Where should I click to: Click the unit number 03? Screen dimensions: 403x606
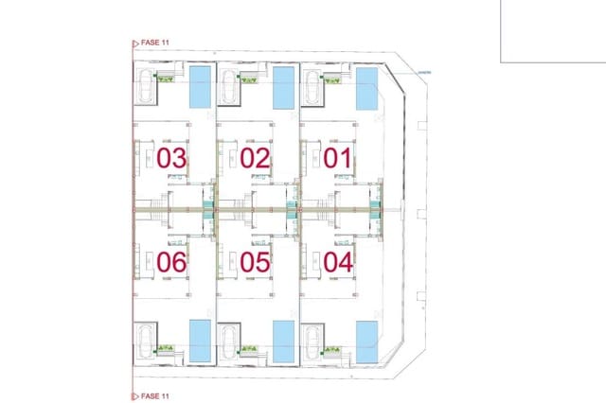click(x=171, y=158)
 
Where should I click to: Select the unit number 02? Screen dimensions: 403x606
click(x=255, y=158)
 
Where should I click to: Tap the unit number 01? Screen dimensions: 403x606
click(x=337, y=158)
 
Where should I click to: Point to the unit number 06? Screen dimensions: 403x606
click(x=171, y=261)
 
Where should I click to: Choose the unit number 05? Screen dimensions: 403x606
click(x=255, y=261)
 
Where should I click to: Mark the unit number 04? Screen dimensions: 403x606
click(x=337, y=261)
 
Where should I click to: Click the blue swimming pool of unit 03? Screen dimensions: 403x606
click(x=201, y=87)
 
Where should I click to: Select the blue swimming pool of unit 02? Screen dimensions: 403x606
click(x=283, y=87)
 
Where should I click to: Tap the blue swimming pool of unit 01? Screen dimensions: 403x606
click(x=365, y=87)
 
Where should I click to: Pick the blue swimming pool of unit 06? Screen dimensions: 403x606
click(x=201, y=340)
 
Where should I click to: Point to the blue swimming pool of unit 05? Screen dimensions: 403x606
click(x=283, y=340)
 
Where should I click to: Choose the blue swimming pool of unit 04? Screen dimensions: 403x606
click(x=365, y=340)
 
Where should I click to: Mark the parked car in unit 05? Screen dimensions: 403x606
click(x=230, y=340)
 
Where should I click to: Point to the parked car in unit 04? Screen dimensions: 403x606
click(x=312, y=340)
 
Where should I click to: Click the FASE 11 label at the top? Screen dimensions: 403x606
click(x=153, y=42)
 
